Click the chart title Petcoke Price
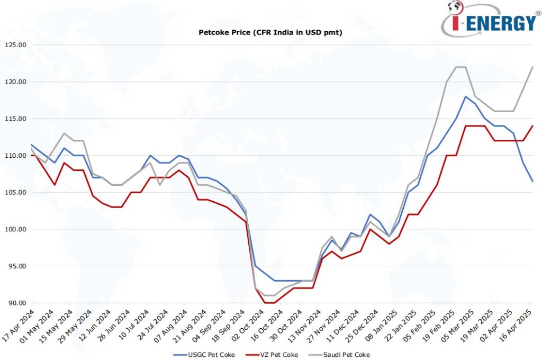coord(270,33)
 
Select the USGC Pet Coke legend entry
coord(203,354)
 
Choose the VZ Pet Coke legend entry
coord(275,354)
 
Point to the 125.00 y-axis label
coord(14,45)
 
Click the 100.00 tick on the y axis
coord(14,229)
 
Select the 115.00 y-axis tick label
coord(14,119)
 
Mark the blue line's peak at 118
coord(465,96)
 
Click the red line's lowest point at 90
coord(270,303)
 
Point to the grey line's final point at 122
coord(532,67)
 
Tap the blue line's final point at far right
coord(532,181)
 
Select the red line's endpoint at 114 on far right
coord(532,126)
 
